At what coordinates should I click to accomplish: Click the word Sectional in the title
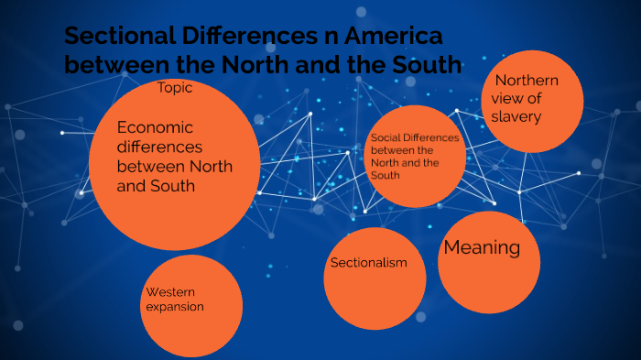pos(108,38)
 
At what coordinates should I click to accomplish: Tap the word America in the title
pos(388,38)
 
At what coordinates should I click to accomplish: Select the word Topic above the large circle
pos(174,88)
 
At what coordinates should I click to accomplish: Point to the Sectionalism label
pos(368,263)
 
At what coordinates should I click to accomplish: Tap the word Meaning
pos(482,247)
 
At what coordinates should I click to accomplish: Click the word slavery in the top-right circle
pos(516,116)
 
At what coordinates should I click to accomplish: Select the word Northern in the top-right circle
pos(527,81)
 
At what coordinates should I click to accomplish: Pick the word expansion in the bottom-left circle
pos(174,306)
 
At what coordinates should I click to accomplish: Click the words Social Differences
pos(412,137)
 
